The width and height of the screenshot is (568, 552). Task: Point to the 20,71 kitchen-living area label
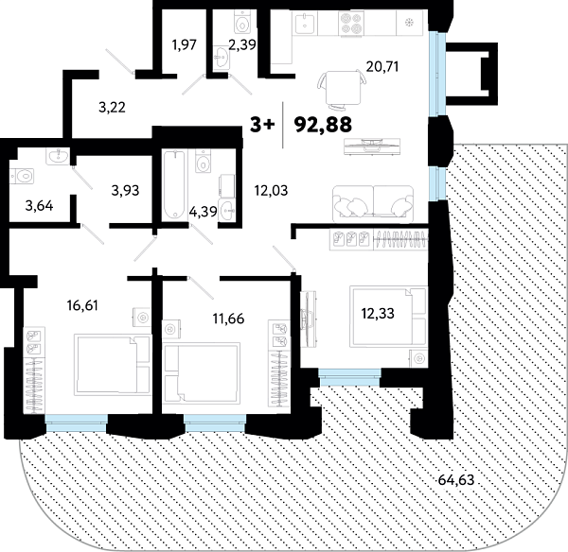383,67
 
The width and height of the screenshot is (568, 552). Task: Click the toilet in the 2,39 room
241,23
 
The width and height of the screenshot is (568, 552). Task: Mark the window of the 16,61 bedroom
76,423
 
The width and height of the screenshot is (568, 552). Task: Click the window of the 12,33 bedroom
348,378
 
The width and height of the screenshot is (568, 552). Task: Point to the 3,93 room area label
125,189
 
